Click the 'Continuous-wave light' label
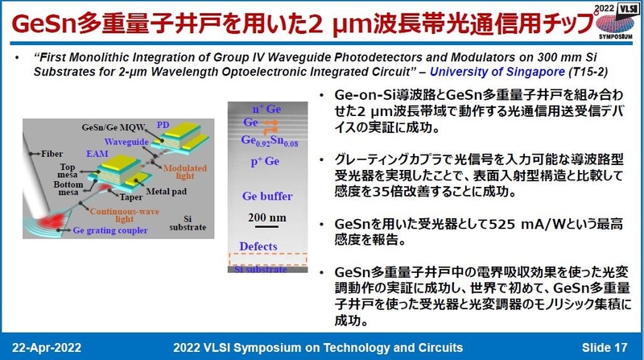91,215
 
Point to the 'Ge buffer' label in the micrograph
266,196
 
